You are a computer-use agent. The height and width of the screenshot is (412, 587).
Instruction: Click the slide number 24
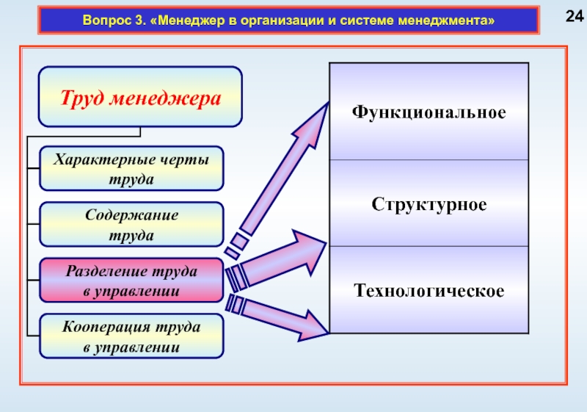coord(572,17)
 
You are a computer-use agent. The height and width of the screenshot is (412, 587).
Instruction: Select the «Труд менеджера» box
coord(140,97)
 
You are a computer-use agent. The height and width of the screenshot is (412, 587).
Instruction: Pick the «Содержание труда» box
coord(131,224)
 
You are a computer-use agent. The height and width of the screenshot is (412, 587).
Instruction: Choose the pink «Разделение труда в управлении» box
coord(131,281)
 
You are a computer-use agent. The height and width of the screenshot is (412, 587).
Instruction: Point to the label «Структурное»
coord(429,203)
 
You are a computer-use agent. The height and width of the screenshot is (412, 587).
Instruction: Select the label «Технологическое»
coord(429,291)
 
